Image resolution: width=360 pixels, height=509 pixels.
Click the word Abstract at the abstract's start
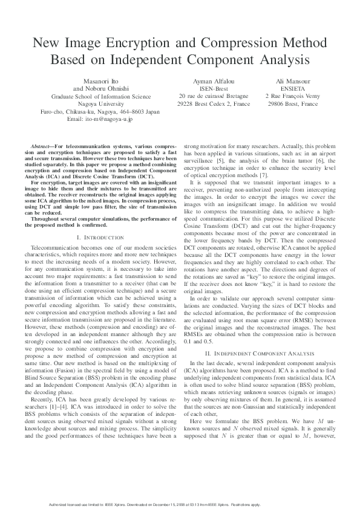point(42,147)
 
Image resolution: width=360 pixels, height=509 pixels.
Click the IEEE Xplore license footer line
point(180,504)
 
